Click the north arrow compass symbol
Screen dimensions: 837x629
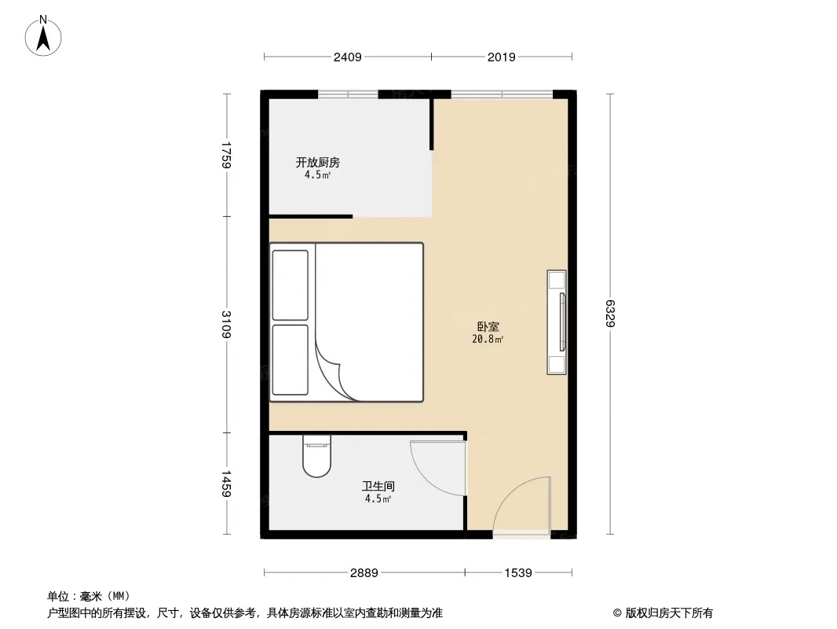click(43, 36)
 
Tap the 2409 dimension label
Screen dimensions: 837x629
click(348, 57)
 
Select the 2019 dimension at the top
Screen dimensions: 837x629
click(501, 57)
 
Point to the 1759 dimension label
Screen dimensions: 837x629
click(226, 155)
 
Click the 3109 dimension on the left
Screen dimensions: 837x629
click(226, 325)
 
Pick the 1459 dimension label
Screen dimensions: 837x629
click(226, 484)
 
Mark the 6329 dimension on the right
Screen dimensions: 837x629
click(610, 313)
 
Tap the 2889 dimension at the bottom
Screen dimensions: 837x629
click(364, 573)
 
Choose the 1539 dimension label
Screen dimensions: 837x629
click(517, 573)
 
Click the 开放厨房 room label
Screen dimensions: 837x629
click(318, 162)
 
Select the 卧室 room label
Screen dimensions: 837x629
click(488, 326)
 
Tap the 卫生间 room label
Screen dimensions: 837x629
click(378, 486)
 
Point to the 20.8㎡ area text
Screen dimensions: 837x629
click(488, 339)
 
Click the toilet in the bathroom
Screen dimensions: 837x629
click(316, 456)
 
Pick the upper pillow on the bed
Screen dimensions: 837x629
click(290, 285)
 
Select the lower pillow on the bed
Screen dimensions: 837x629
click(290, 359)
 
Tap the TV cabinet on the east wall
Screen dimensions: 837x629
click(557, 322)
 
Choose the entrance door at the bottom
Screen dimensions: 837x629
click(521, 506)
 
